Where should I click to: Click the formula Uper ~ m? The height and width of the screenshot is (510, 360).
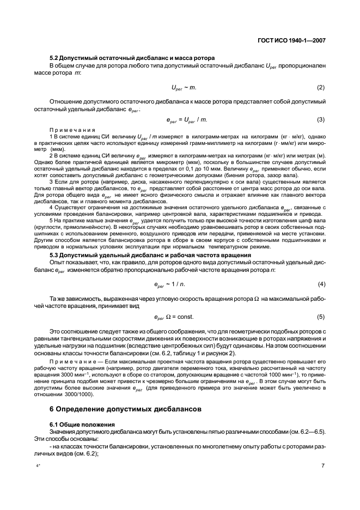coord(184,88)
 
